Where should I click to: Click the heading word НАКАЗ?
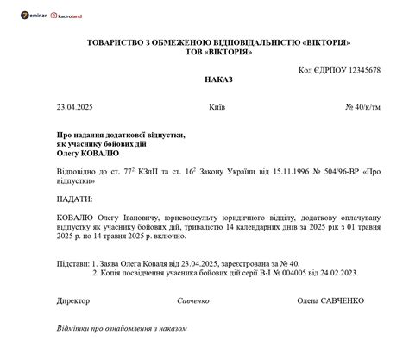217,79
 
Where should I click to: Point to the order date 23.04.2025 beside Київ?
74,108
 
